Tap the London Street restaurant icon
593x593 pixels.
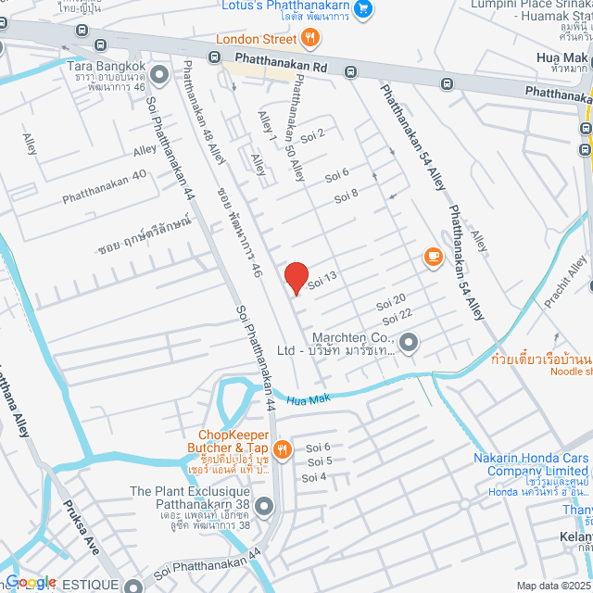[309, 39]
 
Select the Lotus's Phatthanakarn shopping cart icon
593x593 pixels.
[363, 9]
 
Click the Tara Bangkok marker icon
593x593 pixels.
[158, 73]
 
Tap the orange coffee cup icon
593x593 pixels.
[433, 258]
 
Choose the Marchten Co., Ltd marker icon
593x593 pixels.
[408, 344]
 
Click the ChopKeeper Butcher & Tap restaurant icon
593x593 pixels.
[283, 449]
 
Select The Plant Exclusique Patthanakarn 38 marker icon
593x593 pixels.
[264, 506]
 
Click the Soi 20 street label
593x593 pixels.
[391, 302]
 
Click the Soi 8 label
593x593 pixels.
[347, 194]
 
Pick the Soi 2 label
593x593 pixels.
[314, 134]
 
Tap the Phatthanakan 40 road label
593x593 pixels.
[104, 187]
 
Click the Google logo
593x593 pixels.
[30, 583]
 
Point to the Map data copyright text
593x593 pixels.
[552, 586]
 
